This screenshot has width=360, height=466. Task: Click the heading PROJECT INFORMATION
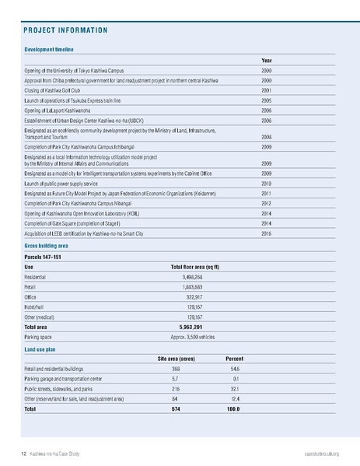point(65,31)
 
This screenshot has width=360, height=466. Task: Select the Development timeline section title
point(49,49)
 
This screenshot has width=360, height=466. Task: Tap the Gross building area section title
point(49,245)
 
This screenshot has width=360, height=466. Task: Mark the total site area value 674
point(176,408)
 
